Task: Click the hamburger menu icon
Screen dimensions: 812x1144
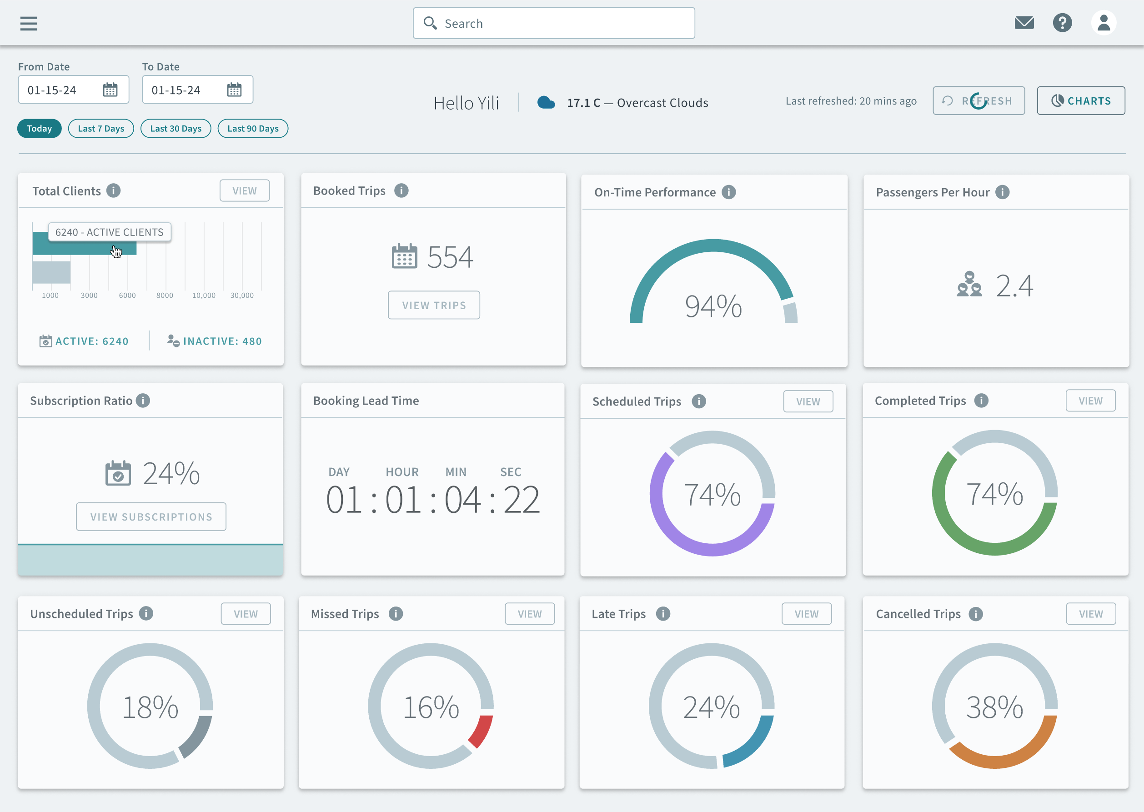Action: pyautogui.click(x=29, y=23)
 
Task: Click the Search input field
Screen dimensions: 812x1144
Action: pyautogui.click(x=553, y=23)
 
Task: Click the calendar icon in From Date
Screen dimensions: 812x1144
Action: pyautogui.click(x=110, y=90)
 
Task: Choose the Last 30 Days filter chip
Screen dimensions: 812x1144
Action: pyautogui.click(x=176, y=129)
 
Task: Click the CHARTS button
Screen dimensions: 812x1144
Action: pyautogui.click(x=1080, y=100)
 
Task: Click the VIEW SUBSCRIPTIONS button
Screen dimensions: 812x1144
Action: pyautogui.click(x=151, y=516)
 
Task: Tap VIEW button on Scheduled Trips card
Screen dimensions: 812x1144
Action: pyautogui.click(x=808, y=401)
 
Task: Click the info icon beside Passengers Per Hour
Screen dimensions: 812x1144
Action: pyautogui.click(x=1002, y=192)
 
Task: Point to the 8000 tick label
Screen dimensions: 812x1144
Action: pyautogui.click(x=165, y=296)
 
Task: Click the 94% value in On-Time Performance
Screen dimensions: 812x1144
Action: pyautogui.click(x=713, y=306)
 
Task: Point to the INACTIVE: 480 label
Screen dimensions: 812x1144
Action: pyautogui.click(x=222, y=341)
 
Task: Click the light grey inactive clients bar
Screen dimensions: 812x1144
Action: pyautogui.click(x=51, y=272)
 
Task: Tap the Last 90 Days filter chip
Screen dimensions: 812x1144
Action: pyautogui.click(x=252, y=129)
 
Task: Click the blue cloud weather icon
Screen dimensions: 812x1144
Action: pyautogui.click(x=546, y=102)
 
